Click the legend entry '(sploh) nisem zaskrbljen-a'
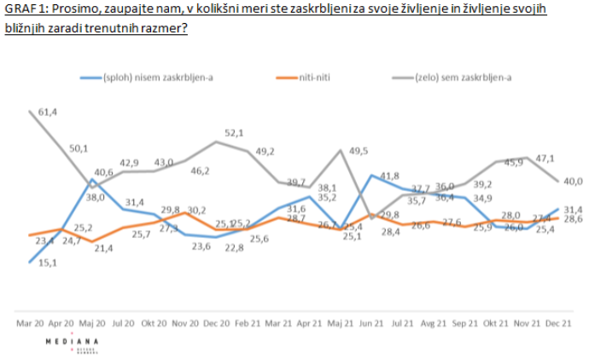pyautogui.click(x=158, y=78)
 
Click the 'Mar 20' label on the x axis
pyautogui.click(x=30, y=324)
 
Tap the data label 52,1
pyautogui.click(x=235, y=132)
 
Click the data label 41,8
pyautogui.click(x=390, y=175)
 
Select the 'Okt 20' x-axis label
pyautogui.click(x=153, y=324)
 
